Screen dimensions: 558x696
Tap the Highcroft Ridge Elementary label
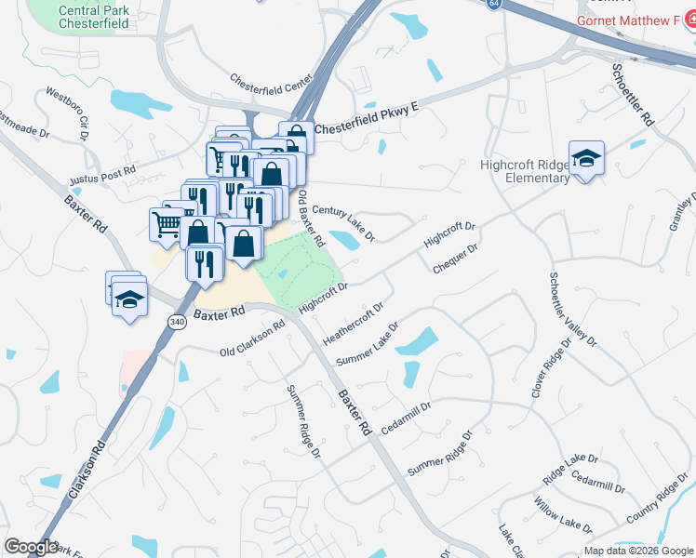click(524, 171)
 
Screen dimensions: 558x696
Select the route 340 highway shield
click(177, 321)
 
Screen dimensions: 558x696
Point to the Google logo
click(31, 547)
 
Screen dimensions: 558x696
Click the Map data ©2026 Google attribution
click(638, 551)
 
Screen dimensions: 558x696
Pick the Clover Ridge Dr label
click(550, 367)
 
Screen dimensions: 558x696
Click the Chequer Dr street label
click(455, 259)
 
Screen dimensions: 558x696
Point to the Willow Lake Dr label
click(557, 515)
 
